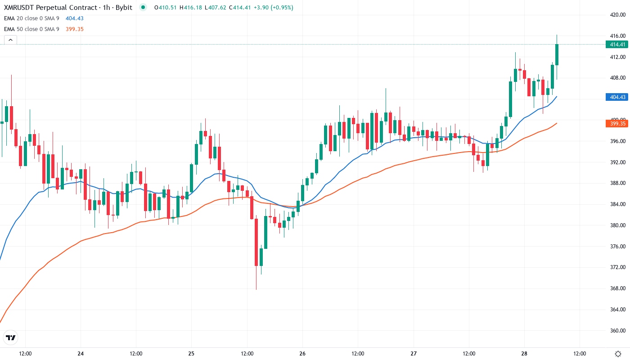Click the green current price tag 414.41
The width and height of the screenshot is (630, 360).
pyautogui.click(x=616, y=45)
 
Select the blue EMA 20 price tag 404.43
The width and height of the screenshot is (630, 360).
pyautogui.click(x=616, y=97)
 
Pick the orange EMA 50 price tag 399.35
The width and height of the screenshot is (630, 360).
pyautogui.click(x=616, y=123)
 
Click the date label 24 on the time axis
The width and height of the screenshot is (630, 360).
pyautogui.click(x=81, y=353)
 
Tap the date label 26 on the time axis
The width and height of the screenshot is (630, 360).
pyautogui.click(x=302, y=353)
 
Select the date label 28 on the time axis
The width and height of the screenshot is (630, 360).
pyautogui.click(x=524, y=353)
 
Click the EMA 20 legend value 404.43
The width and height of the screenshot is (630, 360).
pyautogui.click(x=75, y=18)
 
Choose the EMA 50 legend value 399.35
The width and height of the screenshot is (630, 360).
pyautogui.click(x=75, y=29)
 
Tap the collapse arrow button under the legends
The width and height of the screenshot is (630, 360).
pyautogui.click(x=10, y=40)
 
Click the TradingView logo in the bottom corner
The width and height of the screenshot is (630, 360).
pyautogui.click(x=11, y=337)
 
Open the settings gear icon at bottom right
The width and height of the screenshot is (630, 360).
pyautogui.click(x=619, y=353)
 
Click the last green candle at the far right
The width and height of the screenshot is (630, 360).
pyautogui.click(x=557, y=54)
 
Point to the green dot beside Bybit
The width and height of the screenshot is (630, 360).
pyautogui.click(x=143, y=7)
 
